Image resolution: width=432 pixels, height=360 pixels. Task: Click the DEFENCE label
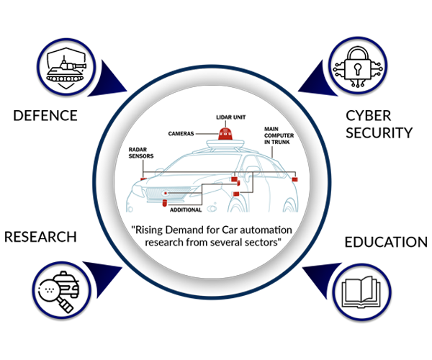pos(45,115)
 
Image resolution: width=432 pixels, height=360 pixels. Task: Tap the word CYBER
pos(369,116)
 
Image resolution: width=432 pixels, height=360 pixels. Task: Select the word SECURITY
pos(379,132)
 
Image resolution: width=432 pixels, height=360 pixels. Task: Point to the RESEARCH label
pos(40,237)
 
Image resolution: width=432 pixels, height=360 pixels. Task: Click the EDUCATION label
pos(386,242)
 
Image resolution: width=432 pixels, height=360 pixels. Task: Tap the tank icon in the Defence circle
pos(66,71)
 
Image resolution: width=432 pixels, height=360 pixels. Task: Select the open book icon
pos(361,292)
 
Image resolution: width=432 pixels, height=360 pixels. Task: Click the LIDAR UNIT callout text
pos(231,117)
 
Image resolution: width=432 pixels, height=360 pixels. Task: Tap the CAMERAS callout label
pos(181,134)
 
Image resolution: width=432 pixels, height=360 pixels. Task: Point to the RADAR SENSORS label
pos(141,153)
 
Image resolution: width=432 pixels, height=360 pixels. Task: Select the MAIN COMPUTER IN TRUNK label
pos(279,135)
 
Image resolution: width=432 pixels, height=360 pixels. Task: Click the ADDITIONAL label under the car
pos(186,210)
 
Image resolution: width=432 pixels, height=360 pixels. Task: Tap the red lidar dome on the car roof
pos(225,134)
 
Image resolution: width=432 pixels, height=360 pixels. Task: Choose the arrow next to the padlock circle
pos(317,81)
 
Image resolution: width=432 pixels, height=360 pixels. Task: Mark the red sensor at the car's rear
pos(294,179)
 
